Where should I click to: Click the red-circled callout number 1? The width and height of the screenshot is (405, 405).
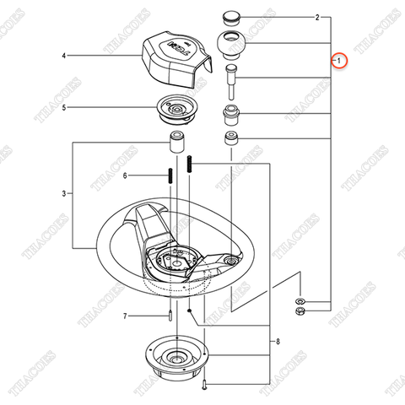(337, 62)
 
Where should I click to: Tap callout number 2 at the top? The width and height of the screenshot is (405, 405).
(293, 17)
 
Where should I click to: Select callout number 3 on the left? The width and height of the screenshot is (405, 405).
(63, 194)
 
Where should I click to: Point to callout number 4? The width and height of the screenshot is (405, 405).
(63, 56)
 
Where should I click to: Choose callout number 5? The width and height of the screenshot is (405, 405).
(63, 107)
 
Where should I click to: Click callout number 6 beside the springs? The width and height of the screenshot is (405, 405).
(125, 175)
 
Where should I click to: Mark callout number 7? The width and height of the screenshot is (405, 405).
(125, 316)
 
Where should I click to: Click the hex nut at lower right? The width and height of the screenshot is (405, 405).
(300, 313)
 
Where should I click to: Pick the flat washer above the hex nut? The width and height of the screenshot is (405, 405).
(300, 301)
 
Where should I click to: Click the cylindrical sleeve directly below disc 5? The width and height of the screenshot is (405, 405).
(178, 140)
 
